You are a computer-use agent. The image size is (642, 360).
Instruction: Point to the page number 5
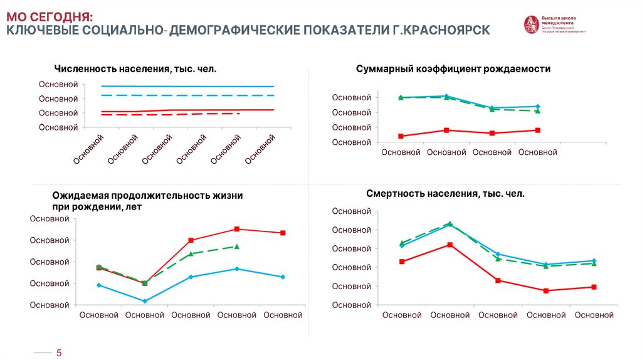[59, 353]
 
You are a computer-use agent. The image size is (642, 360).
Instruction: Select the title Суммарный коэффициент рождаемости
[453, 69]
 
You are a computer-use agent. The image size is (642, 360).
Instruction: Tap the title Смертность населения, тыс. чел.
[445, 194]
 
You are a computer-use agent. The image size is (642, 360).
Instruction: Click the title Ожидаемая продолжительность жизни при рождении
[147, 201]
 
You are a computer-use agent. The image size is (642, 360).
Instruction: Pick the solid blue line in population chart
[188, 87]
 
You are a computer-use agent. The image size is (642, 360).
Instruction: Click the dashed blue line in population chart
[188, 95]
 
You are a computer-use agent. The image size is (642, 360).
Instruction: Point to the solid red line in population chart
[188, 110]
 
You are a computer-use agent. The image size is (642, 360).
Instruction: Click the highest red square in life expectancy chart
[236, 229]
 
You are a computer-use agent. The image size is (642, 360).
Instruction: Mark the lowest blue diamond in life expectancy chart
[145, 301]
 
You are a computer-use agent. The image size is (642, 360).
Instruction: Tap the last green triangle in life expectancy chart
[236, 246]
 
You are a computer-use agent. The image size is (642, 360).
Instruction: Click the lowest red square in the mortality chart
[546, 290]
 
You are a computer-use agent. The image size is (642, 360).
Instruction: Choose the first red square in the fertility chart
[401, 136]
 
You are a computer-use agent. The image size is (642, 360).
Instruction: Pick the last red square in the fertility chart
[538, 130]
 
